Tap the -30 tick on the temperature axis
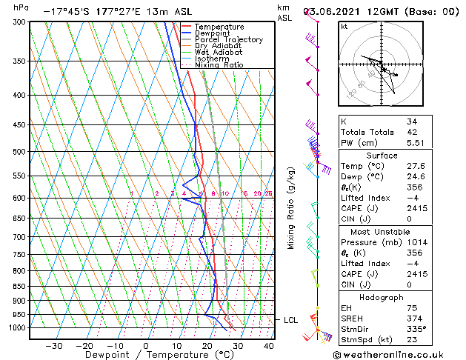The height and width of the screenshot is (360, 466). [x=53, y=346]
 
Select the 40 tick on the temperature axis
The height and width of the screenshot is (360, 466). [x=268, y=346]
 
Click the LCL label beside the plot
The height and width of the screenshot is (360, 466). [x=290, y=320]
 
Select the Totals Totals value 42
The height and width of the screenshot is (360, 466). [x=411, y=132]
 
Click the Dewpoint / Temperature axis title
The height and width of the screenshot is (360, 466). [x=145, y=356]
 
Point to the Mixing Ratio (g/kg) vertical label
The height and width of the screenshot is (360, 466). [x=292, y=207]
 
